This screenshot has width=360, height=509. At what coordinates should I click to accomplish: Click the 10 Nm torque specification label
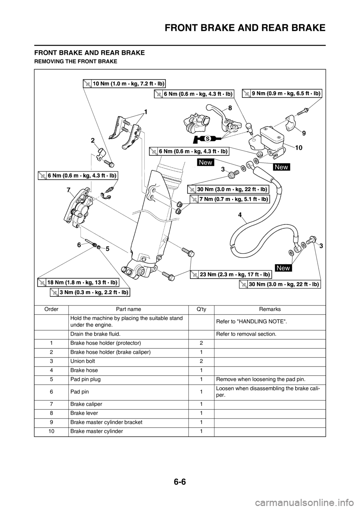pyautogui.click(x=124, y=83)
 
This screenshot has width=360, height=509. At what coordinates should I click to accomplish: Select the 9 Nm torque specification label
pyautogui.click(x=282, y=93)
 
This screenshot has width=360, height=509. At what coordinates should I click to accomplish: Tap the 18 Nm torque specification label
pyautogui.click(x=79, y=283)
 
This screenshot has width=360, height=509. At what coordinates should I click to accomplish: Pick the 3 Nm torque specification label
pyautogui.click(x=90, y=292)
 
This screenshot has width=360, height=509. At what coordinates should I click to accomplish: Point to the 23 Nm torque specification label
pyautogui.click(x=231, y=275)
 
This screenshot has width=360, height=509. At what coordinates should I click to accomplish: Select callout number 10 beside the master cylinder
pyautogui.click(x=299, y=148)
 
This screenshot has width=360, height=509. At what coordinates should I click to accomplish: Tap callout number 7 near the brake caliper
pyautogui.click(x=68, y=190)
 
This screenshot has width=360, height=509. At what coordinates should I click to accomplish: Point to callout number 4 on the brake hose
pyautogui.click(x=240, y=215)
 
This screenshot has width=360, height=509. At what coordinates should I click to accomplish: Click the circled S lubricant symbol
pyautogui.click(x=207, y=138)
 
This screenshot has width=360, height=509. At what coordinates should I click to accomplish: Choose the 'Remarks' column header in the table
pyautogui.click(x=270, y=309)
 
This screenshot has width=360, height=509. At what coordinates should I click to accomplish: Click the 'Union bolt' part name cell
pyautogui.click(x=83, y=361)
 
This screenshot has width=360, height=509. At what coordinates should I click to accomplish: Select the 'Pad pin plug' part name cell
pyautogui.click(x=85, y=379)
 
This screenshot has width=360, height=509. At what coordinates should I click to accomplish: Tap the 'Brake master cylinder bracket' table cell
pyautogui.click(x=106, y=422)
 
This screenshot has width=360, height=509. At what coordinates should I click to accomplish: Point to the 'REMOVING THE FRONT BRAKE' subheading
pyautogui.click(x=75, y=61)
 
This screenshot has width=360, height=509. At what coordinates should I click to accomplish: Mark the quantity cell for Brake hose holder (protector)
pyautogui.click(x=201, y=343)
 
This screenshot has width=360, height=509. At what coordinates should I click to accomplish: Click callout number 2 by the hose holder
pyautogui.click(x=93, y=141)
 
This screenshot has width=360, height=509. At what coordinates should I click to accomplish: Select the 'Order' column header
pyautogui.click(x=51, y=309)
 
